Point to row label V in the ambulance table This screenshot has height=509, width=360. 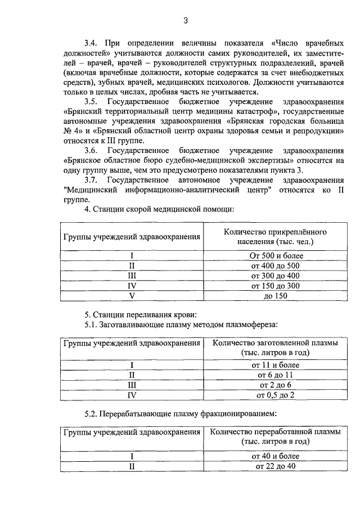point(131,296)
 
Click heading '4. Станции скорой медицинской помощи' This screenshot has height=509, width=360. point(159,209)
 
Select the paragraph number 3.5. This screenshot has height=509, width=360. point(91,101)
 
